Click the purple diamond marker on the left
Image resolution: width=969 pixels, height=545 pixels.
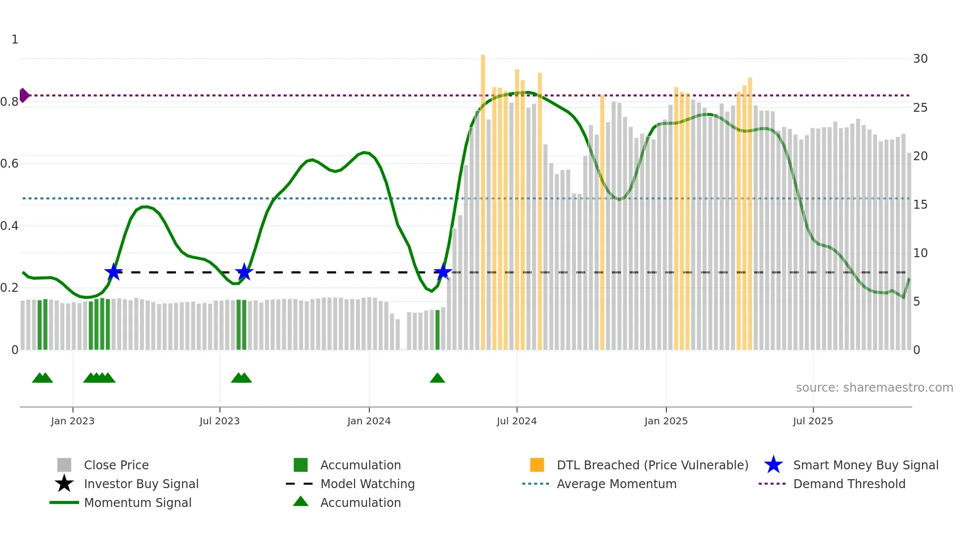click(x=24, y=95)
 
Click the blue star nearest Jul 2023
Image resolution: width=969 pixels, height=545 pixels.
click(x=244, y=272)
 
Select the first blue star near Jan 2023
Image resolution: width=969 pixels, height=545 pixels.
click(x=114, y=272)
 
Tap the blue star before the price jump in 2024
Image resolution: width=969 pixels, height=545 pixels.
click(x=442, y=272)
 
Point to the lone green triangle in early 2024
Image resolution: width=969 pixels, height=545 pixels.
click(x=438, y=378)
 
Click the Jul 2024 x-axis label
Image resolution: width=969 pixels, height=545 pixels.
click(x=517, y=421)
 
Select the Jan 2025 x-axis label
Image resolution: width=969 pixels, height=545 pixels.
click(x=666, y=421)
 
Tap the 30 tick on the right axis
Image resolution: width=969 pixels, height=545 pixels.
click(x=920, y=59)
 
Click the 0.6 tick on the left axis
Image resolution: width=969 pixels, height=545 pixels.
click(x=10, y=164)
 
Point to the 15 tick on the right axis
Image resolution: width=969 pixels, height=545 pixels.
click(x=920, y=204)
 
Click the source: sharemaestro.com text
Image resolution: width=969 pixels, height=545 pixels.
click(x=874, y=388)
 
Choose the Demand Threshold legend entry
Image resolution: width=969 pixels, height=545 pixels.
click(x=849, y=484)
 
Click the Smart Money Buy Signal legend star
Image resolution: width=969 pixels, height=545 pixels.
click(x=773, y=465)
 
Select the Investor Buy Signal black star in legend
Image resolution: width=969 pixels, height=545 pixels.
click(x=64, y=484)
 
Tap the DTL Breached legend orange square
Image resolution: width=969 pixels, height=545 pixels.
click(x=537, y=465)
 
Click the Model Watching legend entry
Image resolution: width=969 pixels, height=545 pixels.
click(x=367, y=484)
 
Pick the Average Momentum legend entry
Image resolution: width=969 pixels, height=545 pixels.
click(x=616, y=484)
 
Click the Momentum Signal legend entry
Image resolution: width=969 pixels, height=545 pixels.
click(x=137, y=502)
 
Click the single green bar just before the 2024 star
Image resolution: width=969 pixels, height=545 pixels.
click(x=438, y=330)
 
